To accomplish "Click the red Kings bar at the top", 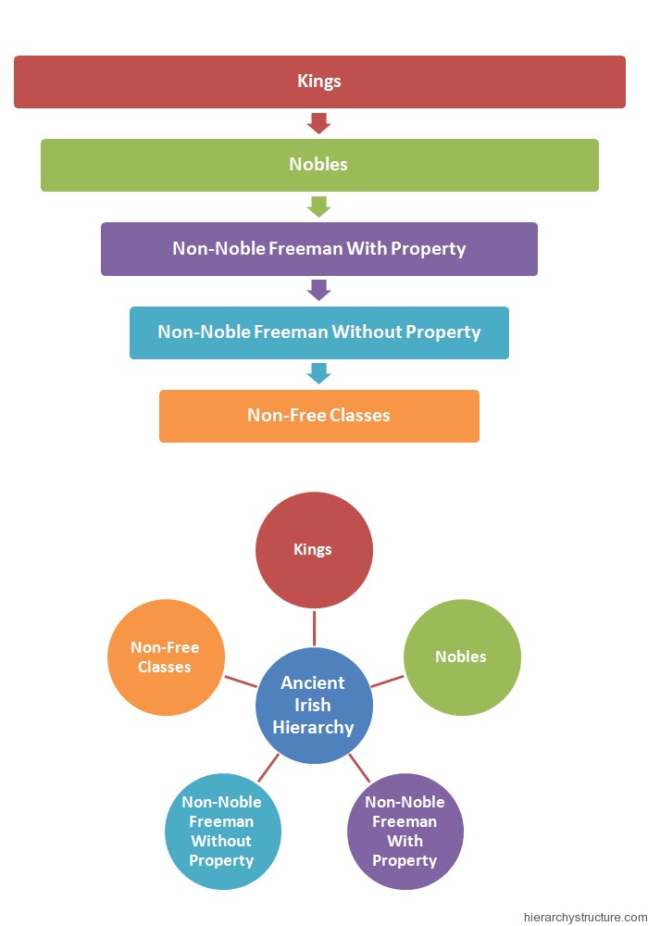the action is (319, 81).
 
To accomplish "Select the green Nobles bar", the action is (319, 165).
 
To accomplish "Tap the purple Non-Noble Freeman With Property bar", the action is (319, 248).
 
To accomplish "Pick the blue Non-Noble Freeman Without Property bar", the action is (319, 332).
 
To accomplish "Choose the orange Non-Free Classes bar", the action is (319, 416).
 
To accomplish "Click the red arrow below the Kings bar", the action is (319, 123).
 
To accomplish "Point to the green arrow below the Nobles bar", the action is (319, 206).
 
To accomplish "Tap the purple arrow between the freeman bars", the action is (319, 290).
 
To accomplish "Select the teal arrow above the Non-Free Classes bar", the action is (319, 373).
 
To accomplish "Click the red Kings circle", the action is (314, 550).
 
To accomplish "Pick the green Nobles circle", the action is (462, 657).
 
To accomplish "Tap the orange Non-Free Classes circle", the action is (166, 657).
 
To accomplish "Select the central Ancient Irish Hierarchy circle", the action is (314, 706).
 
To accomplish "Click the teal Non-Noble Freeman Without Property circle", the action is (221, 831).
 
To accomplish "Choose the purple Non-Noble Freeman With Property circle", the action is (405, 831).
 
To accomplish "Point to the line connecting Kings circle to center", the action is (314, 628).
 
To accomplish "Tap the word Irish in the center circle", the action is (314, 705).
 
